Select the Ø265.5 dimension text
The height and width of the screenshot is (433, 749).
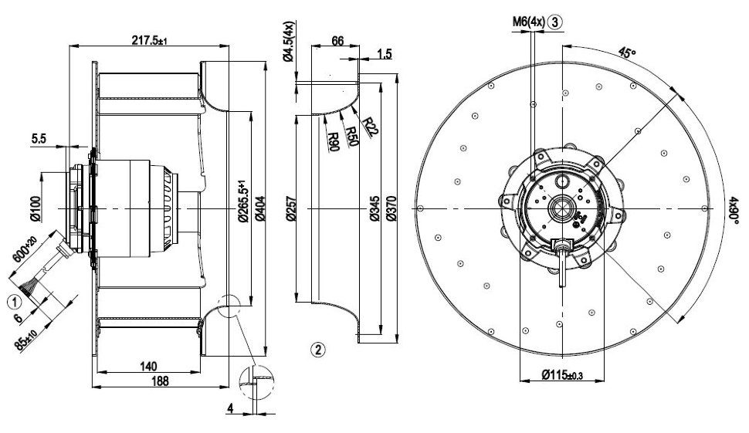click(242, 203)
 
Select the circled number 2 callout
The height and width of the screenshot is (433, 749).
click(318, 349)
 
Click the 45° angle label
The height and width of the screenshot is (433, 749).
click(626, 54)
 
